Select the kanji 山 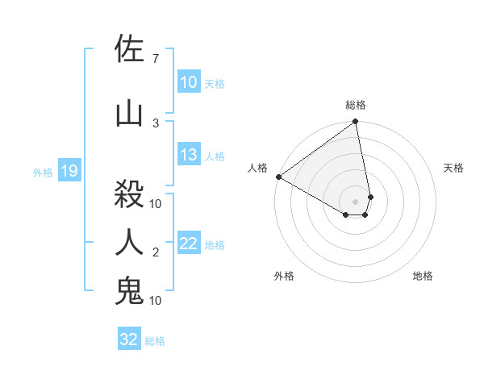129,113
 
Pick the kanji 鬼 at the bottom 129,291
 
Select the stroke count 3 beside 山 156,123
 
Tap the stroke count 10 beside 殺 156,203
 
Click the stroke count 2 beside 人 156,252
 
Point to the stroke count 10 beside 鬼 156,301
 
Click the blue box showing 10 189,82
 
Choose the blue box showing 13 189,156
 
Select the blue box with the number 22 189,244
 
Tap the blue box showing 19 69,171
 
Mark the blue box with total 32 129,339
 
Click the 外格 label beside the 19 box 42,172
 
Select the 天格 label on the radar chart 454,168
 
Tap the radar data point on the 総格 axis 356,122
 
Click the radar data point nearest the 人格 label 278,177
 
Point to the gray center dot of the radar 356,201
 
